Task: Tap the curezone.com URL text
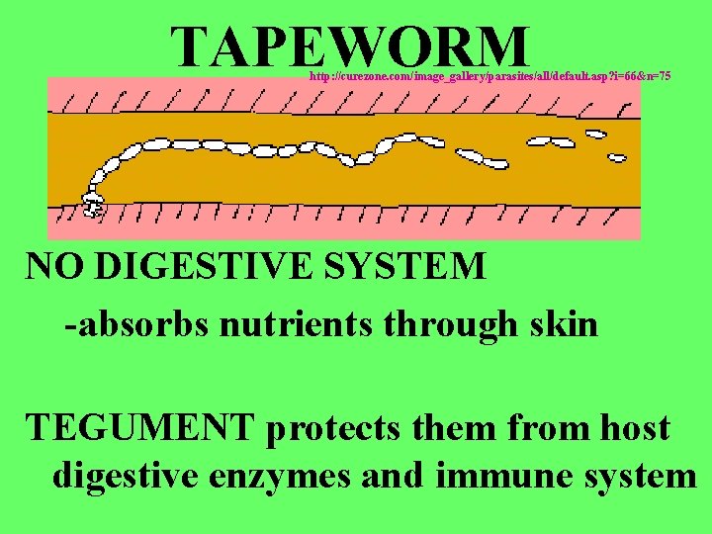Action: click(x=489, y=75)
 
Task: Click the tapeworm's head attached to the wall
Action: click(x=94, y=206)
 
